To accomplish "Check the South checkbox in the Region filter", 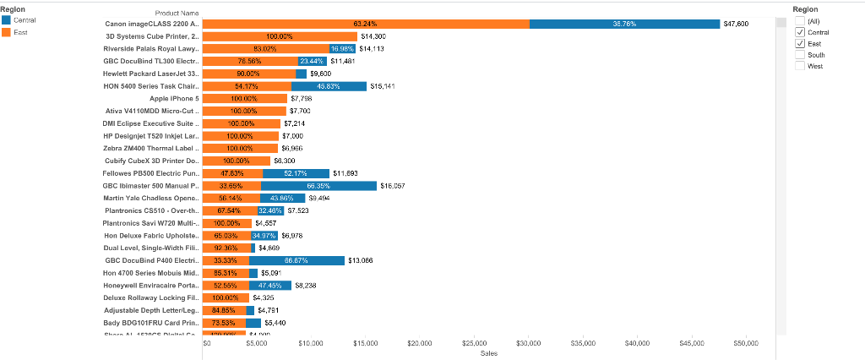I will tap(800, 54).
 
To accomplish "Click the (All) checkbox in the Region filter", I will tap(800, 21).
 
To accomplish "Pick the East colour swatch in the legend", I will tap(7, 31).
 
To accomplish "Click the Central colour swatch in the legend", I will tap(7, 19).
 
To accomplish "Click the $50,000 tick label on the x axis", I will tap(746, 343).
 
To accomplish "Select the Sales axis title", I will tap(487, 353).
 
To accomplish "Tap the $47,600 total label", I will tap(736, 24).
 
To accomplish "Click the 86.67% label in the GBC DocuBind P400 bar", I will tap(296, 260).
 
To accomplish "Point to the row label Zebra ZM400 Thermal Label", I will tap(151, 148).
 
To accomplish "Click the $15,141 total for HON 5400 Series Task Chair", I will tap(382, 86).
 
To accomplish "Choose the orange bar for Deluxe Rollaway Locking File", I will tap(226, 297).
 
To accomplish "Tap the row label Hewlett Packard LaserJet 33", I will tap(151, 74).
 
